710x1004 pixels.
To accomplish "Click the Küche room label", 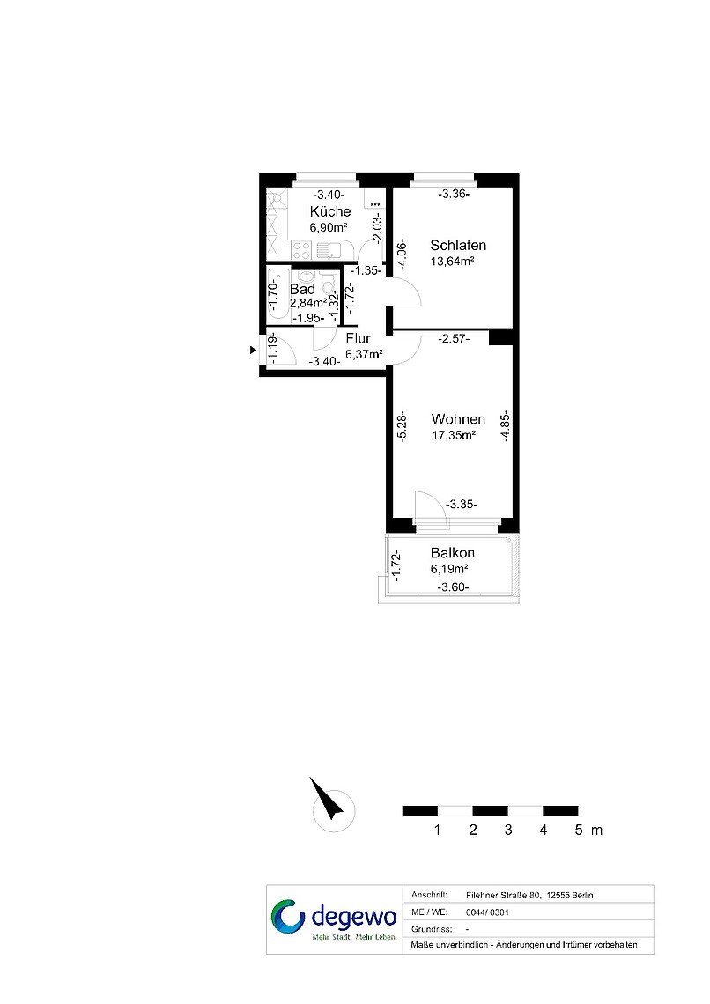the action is [330, 211].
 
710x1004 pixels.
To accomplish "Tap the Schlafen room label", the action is [458, 245].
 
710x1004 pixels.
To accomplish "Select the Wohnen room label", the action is [458, 419].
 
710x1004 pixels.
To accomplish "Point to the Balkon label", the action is [453, 552].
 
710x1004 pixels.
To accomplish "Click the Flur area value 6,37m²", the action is [365, 354].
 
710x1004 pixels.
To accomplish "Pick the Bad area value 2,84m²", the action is [308, 303].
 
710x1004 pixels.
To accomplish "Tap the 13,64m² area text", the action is [453, 262].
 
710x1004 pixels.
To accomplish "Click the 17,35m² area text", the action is [454, 436].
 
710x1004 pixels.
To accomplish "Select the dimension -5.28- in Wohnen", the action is [402, 426].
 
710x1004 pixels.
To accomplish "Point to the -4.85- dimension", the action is [506, 426].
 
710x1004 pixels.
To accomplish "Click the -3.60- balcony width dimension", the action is [453, 587].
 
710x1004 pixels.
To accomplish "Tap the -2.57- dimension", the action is [454, 339].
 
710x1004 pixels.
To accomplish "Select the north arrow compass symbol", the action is [328, 800].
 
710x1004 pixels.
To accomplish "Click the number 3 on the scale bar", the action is [508, 831].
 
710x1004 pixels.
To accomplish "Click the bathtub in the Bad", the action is [276, 294].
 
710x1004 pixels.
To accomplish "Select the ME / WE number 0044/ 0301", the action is [487, 912].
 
